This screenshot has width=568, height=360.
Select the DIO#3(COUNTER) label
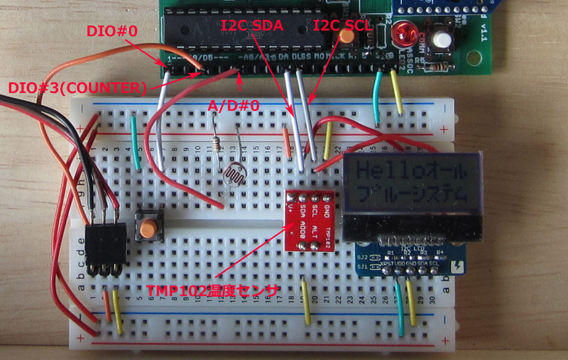pyautogui.click(x=77, y=88)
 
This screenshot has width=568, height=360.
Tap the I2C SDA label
pyautogui.click(x=253, y=26)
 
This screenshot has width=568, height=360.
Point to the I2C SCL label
pyautogui.click(x=343, y=26)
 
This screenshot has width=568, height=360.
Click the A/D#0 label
pyautogui.click(x=233, y=105)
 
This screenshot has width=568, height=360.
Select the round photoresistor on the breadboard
pyautogui.click(x=234, y=177)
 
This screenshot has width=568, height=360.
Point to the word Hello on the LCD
pyautogui.click(x=380, y=171)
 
